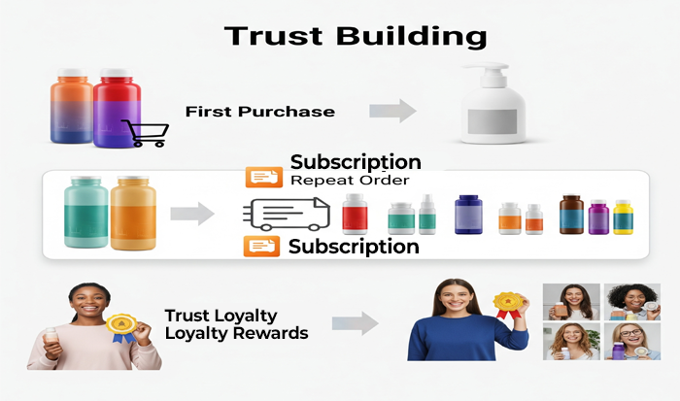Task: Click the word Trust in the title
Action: click(274, 36)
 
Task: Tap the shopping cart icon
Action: click(146, 133)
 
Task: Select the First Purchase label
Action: click(259, 112)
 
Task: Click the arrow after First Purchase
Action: click(392, 111)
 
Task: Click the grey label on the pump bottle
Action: click(493, 121)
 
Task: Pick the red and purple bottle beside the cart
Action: click(117, 108)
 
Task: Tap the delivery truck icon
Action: click(287, 215)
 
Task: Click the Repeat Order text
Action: click(350, 180)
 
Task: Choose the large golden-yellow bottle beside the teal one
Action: click(133, 213)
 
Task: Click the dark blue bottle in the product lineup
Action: click(468, 215)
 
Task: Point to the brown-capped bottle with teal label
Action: click(571, 215)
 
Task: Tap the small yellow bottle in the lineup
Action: click(623, 217)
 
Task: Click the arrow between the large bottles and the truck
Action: click(192, 214)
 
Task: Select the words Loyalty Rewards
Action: click(236, 333)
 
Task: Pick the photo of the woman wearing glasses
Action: click(631, 341)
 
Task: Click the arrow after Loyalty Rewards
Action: click(356, 323)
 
